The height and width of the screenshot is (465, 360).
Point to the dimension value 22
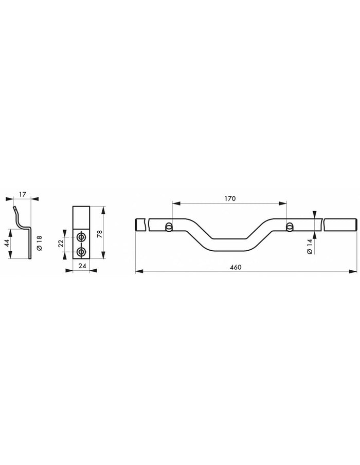tap(60, 243)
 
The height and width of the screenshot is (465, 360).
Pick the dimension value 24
tap(82, 266)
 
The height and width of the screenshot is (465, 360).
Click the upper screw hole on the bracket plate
tap(81, 237)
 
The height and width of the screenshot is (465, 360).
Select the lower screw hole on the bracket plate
tap(81, 251)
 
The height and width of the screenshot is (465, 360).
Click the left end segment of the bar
tap(141, 225)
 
